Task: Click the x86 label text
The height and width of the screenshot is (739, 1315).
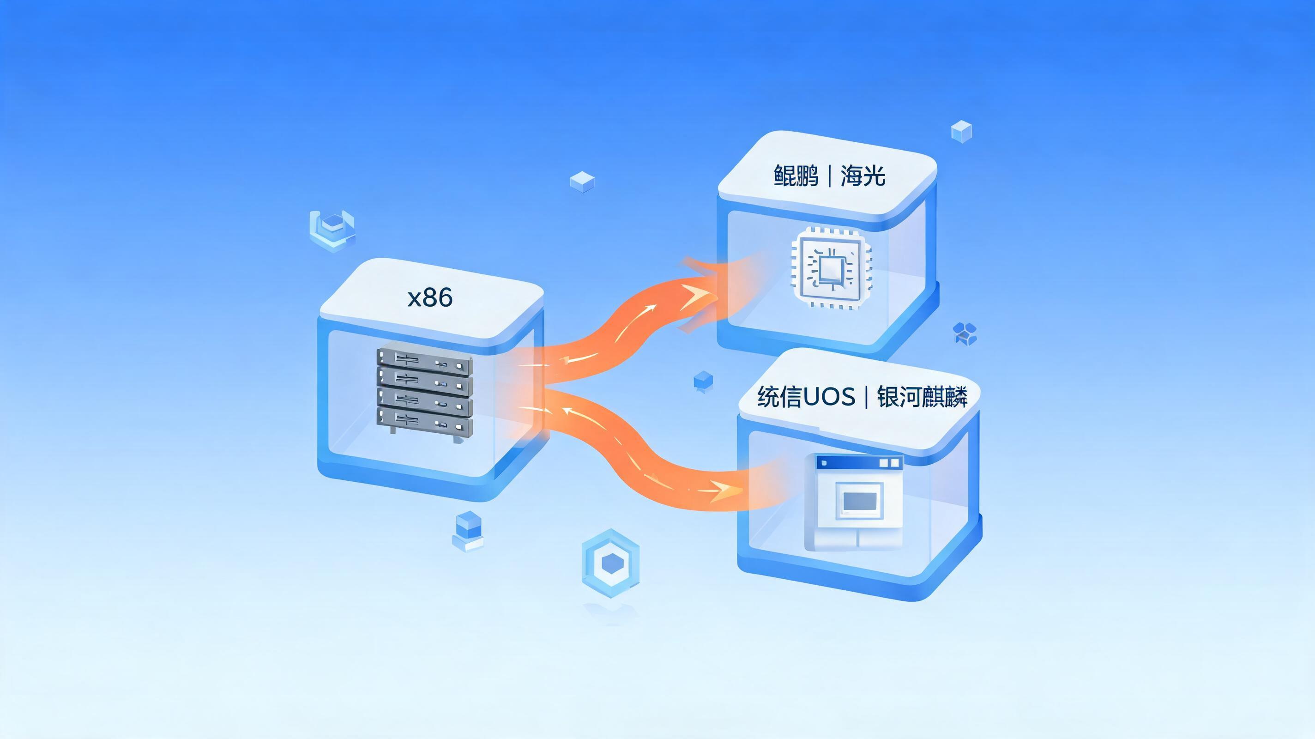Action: pos(430,298)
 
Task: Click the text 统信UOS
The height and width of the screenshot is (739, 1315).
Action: pos(806,397)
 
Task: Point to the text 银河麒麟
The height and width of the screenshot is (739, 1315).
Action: pos(923,397)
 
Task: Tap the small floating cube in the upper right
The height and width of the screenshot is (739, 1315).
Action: pos(961,132)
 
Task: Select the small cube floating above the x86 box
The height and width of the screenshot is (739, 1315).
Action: pos(582,182)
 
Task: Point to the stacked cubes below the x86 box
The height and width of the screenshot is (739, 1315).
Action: pos(468,532)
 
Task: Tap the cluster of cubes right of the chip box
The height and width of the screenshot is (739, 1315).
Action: pos(965,333)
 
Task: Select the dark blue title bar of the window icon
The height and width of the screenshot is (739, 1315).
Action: pos(859,463)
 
